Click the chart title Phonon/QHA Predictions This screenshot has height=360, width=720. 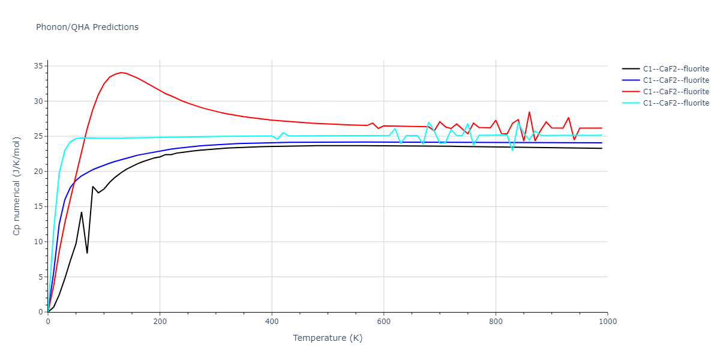coord(87,27)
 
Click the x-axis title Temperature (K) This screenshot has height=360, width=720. coord(328,338)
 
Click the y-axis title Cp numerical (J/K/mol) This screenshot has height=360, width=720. coord(17,186)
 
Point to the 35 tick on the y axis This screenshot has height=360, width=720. coord(40,66)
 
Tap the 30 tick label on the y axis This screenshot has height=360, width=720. coord(40,101)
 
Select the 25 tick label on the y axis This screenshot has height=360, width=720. coord(40,136)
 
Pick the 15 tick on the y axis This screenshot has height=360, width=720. coord(40,206)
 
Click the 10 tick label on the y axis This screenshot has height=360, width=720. coord(40,242)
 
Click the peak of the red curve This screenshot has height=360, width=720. coord(121,73)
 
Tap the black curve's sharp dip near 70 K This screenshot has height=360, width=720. coord(87,253)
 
